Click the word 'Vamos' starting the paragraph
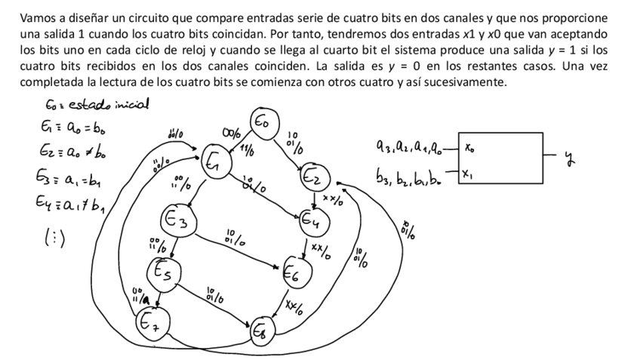click(x=37, y=17)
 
